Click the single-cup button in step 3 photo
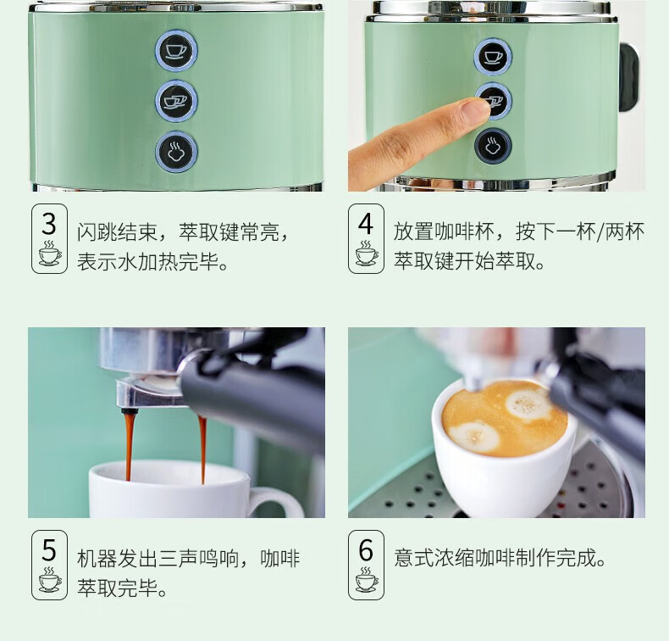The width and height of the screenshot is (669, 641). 176,50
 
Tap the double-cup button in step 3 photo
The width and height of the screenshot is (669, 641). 176,101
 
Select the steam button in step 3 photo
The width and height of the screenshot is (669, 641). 176,152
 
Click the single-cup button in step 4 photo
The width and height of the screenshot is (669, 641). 493,57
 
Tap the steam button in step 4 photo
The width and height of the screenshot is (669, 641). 493,146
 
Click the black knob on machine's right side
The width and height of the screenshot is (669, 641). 630,76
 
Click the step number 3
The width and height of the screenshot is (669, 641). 49,224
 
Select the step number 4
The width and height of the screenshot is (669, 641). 366,224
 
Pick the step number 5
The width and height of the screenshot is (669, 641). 49,550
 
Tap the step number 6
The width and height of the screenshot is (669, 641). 366,550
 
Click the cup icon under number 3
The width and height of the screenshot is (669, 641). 49,254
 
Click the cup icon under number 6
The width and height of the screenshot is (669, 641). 366,579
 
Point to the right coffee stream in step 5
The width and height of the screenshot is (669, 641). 202,449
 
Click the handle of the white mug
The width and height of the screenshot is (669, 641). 273,502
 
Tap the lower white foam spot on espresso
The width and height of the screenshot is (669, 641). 474,436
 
